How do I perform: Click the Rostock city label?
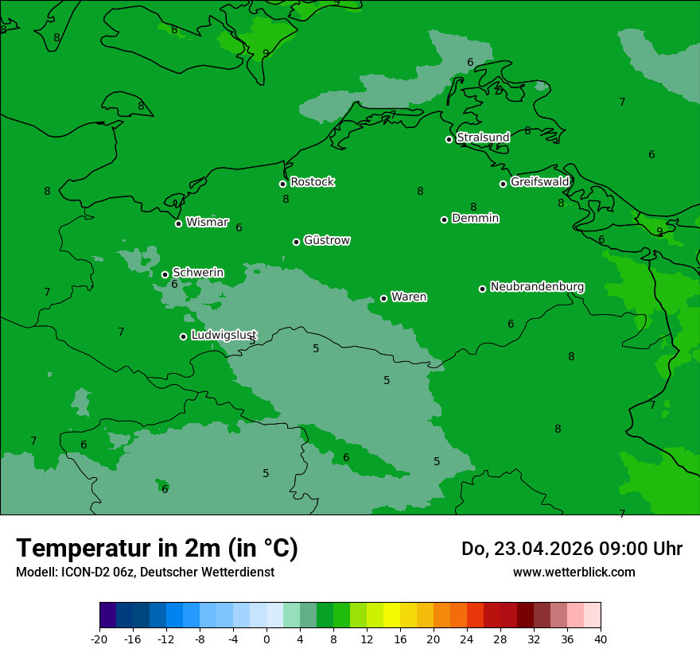pos(312,182)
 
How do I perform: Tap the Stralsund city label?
pos(483,138)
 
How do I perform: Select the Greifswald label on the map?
pos(539,182)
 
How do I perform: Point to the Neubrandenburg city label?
pos(537,287)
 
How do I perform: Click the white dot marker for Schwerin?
pos(165,274)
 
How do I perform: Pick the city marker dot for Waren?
pos(383,298)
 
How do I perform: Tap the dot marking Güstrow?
pos(296,242)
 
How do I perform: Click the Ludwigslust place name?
pos(224,336)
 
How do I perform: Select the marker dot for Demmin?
pos(444,219)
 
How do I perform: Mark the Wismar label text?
pos(207,223)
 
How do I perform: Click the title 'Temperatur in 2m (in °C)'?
pos(157,549)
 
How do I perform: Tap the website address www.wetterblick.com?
pos(574,572)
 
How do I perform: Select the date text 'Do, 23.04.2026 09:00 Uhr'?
pos(571,549)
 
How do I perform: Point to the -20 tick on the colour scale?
pos(99,639)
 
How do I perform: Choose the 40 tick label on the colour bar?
pos(601,639)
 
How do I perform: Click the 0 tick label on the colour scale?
pos(266,639)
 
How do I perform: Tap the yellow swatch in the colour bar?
pos(391,615)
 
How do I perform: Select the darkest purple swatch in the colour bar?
pos(107,615)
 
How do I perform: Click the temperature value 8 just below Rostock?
pos(286,200)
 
